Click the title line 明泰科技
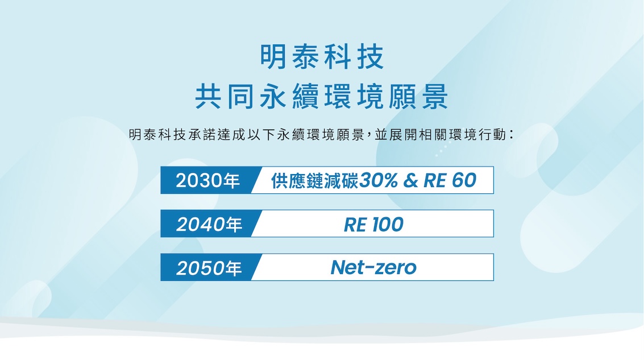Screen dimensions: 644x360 coord(322,56)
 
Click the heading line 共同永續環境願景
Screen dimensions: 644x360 coord(322,97)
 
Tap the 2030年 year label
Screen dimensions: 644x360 coord(208,180)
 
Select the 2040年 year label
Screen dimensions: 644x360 coord(209,225)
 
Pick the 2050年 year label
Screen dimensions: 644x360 coord(209,268)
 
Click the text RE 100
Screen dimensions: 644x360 coord(373,225)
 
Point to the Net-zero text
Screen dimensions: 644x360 coord(373,267)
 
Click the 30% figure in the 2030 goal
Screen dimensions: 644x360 coord(378,180)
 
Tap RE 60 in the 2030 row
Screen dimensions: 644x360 coord(450,180)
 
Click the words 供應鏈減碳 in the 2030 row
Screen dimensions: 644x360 coord(314,181)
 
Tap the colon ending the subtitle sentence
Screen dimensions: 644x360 coord(512,134)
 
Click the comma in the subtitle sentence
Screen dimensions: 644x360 coord(368,136)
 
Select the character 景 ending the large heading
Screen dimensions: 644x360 coord(435,97)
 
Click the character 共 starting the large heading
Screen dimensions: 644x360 coord(208,97)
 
